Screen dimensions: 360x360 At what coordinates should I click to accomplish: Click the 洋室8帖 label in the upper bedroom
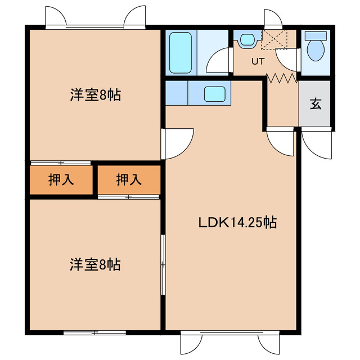[95, 94]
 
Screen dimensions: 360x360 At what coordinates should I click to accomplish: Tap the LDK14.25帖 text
[237, 222]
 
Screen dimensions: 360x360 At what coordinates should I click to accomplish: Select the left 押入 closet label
[61, 180]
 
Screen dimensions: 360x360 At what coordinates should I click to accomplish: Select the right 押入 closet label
[129, 180]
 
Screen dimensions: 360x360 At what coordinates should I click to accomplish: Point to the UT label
[258, 62]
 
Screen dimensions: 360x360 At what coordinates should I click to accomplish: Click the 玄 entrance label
[315, 103]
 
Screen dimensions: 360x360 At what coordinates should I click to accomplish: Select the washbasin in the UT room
[247, 40]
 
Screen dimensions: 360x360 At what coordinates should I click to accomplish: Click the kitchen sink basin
[214, 93]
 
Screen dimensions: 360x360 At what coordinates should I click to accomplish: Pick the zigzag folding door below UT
[281, 79]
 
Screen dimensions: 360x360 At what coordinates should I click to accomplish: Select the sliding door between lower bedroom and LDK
[163, 264]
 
